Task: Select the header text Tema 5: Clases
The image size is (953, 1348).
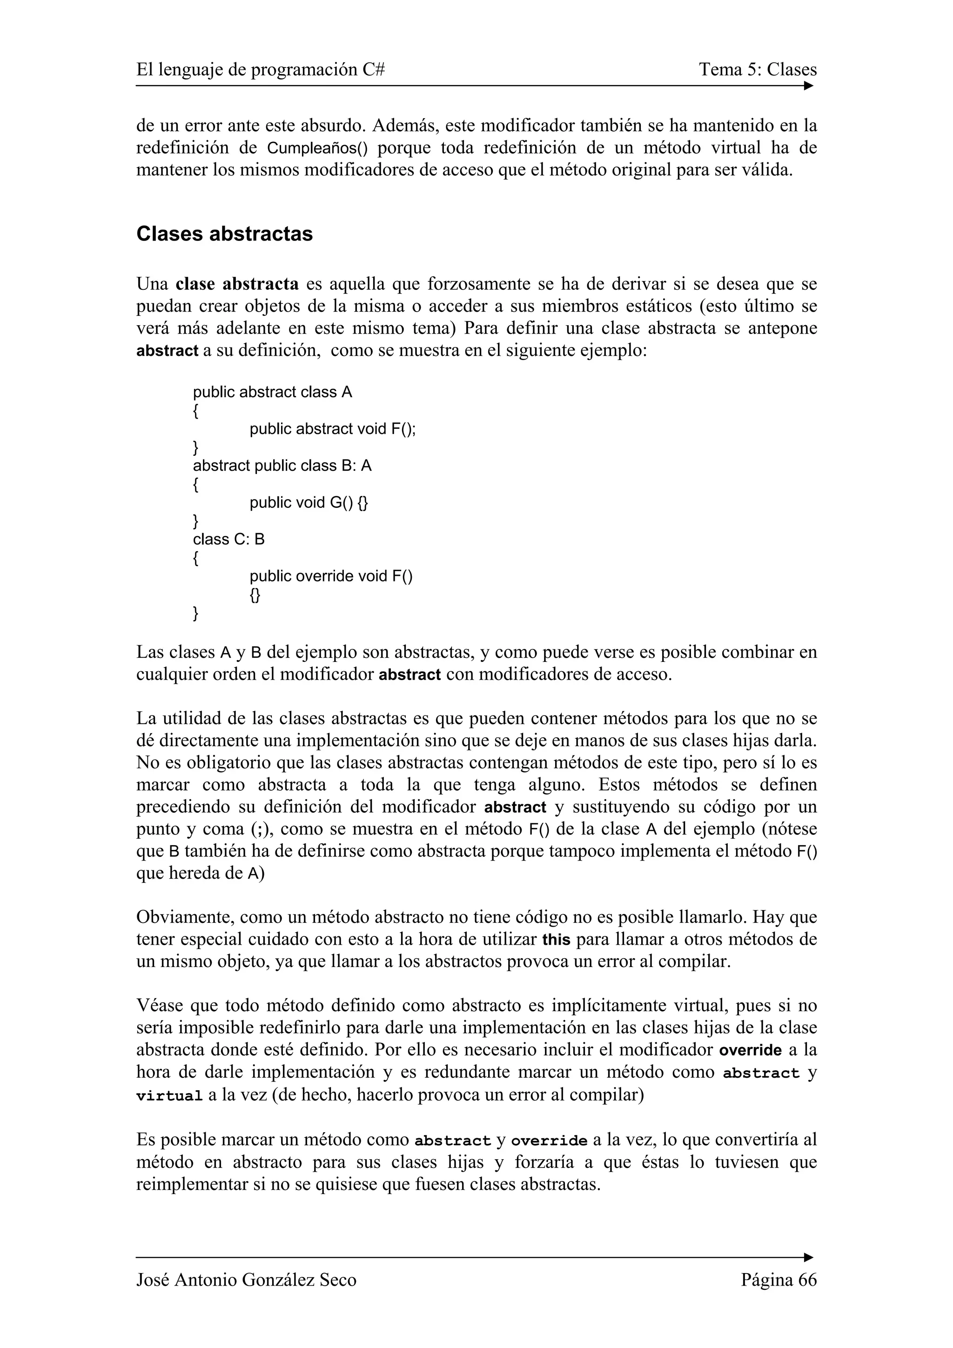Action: [x=758, y=70]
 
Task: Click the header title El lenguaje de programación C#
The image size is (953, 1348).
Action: [x=261, y=70]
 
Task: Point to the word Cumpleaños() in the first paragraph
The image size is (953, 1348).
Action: [x=317, y=148]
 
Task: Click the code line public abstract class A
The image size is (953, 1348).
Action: [x=273, y=392]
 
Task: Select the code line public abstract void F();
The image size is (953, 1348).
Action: [x=332, y=429]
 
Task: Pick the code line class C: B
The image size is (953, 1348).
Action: [x=228, y=539]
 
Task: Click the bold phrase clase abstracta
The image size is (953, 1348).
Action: [x=237, y=284]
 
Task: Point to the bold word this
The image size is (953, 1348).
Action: [x=556, y=940]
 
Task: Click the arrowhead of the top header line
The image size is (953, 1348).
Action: [x=809, y=86]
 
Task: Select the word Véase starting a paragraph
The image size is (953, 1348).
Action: [x=160, y=1006]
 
